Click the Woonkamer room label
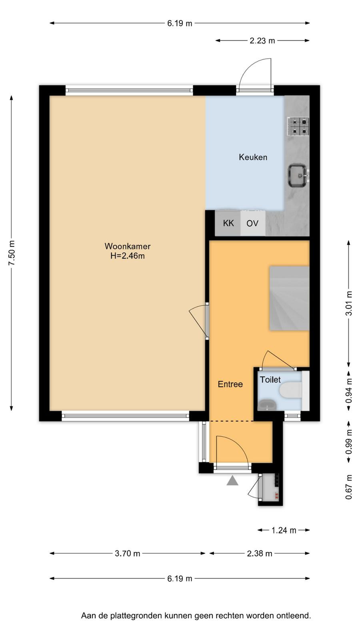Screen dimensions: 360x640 tap(128, 246)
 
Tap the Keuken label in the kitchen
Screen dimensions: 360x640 tap(253, 157)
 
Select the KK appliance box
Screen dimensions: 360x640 tap(228, 223)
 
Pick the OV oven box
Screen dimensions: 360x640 tap(252, 223)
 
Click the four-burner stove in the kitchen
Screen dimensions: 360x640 tap(298, 126)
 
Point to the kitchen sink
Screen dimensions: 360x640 tap(298, 175)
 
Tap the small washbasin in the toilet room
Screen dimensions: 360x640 tap(268, 404)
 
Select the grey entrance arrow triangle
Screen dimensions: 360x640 tap(232, 480)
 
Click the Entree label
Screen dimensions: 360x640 tap(230, 384)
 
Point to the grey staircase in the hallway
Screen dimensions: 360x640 tap(290, 298)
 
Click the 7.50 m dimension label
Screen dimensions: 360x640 tap(12, 253)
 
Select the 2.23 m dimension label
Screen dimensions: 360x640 tap(262, 40)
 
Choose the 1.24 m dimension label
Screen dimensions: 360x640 tap(284, 530)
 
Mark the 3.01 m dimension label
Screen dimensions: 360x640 tap(349, 303)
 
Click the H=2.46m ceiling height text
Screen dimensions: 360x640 tap(128, 256)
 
